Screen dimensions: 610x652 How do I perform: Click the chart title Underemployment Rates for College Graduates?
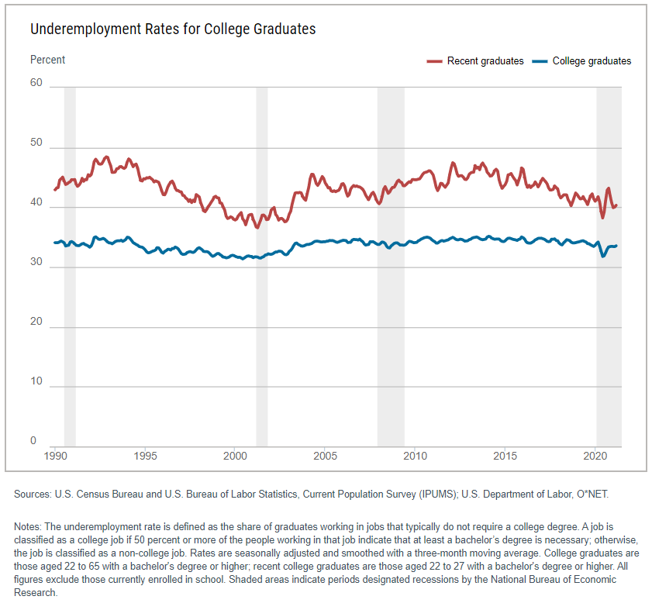173,29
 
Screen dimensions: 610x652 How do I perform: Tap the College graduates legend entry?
582,61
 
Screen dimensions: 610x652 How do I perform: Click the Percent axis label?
48,60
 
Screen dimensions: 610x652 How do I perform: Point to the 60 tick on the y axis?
36,83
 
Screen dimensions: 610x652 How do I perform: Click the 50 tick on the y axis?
36,147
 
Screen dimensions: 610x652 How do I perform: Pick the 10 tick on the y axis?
36,381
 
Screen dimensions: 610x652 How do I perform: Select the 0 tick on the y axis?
33,441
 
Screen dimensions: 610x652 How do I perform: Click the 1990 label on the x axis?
55,457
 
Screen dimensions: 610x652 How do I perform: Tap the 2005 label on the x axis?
326,457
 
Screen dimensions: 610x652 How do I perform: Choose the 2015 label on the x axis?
505,457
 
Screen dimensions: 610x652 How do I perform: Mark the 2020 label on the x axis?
595,457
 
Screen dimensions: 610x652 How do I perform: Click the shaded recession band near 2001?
262,264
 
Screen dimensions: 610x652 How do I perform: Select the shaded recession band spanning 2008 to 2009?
391,264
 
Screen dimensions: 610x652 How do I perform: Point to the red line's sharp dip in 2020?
602,218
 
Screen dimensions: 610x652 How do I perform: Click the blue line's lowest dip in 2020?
603,256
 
